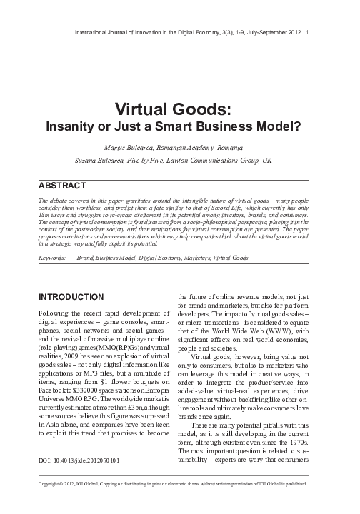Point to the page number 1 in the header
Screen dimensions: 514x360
tap(306, 31)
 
